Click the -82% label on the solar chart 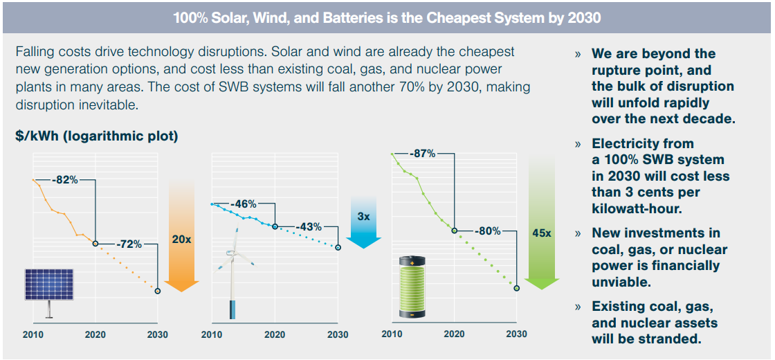click(67, 180)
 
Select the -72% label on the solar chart click(129, 244)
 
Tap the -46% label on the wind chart click(244, 204)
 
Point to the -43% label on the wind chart click(309, 226)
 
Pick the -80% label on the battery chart click(487, 231)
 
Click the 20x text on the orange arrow click(181, 239)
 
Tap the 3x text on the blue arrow click(364, 216)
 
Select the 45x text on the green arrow click(542, 233)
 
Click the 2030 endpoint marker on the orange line click(158, 291)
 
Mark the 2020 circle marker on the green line click(455, 231)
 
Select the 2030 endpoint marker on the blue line click(338, 247)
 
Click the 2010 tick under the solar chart click(33, 334)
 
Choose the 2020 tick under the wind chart click(275, 334)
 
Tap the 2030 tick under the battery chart click(516, 334)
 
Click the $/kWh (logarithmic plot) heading click(97, 136)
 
